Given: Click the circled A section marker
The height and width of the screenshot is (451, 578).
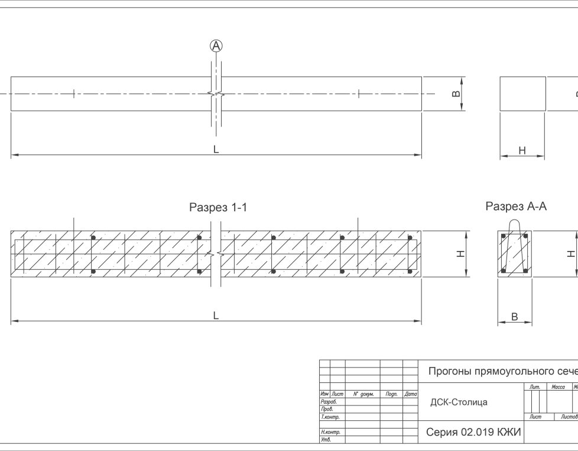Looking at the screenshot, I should click(216, 46).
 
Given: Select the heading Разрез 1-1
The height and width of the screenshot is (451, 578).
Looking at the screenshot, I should click(217, 208).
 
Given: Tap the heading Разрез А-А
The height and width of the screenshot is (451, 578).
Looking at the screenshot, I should click(516, 207).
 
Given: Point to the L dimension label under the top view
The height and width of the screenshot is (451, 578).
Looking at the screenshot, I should click(216, 150).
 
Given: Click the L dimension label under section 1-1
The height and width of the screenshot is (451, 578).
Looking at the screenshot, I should click(216, 317).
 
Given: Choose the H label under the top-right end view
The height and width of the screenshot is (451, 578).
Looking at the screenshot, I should click(522, 151).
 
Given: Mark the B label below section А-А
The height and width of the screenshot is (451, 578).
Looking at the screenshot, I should click(514, 317).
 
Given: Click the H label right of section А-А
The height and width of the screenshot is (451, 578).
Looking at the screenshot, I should click(571, 254).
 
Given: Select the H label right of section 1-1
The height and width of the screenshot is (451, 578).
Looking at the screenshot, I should click(462, 254).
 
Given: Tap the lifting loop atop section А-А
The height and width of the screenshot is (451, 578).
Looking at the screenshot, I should click(514, 227).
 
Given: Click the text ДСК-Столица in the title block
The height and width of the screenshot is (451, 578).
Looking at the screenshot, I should click(459, 402).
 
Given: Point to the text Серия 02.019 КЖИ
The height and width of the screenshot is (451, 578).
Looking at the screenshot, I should click(473, 433).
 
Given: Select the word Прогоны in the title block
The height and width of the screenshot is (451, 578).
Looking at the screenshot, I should click(449, 372).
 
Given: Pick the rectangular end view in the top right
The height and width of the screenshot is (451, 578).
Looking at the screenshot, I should click(522, 94).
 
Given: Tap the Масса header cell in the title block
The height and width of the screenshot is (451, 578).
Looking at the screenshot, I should click(558, 387).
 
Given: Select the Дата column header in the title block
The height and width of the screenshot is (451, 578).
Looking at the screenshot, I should click(410, 394).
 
